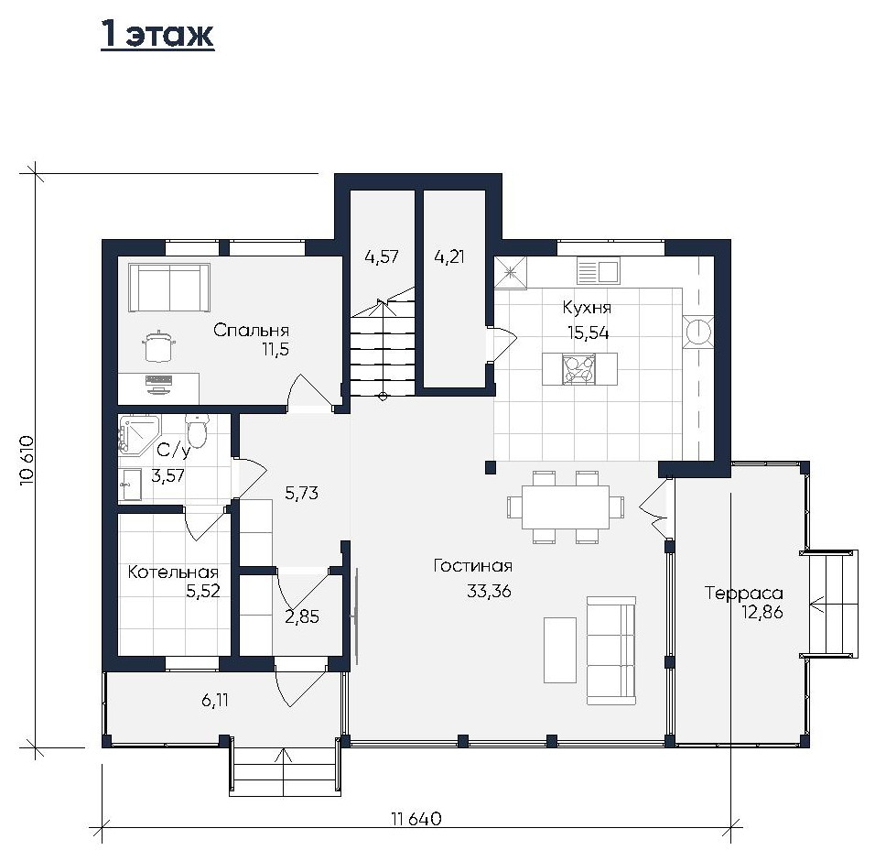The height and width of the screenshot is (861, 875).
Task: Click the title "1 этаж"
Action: (x=157, y=35)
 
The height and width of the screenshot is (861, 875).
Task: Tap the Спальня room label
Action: (x=251, y=330)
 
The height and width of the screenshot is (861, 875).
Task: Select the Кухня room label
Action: (x=587, y=308)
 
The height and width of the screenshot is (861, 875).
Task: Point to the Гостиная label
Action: (x=473, y=566)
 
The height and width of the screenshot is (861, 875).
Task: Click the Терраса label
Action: (x=744, y=594)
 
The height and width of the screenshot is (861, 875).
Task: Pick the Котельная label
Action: (x=173, y=572)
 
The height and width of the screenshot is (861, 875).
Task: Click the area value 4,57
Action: (x=382, y=256)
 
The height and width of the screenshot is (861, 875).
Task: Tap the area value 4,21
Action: (x=449, y=256)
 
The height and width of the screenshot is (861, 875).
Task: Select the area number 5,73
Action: (x=302, y=493)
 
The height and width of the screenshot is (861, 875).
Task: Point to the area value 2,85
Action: (x=302, y=617)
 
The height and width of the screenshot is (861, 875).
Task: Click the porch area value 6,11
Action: (x=215, y=700)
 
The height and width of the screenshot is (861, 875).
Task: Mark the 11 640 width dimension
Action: (x=416, y=819)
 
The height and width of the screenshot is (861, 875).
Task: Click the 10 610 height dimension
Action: (x=27, y=460)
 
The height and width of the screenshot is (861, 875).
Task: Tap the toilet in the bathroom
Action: (x=197, y=431)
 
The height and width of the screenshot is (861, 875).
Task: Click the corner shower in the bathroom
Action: (x=138, y=435)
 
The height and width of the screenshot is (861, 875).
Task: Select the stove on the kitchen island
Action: (x=579, y=369)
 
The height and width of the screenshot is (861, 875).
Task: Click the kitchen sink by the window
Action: (x=599, y=271)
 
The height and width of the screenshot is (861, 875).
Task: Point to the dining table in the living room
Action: (x=566, y=507)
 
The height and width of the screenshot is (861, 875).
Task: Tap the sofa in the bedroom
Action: (x=169, y=287)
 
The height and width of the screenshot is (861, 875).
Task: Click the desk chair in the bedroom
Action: (x=158, y=346)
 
